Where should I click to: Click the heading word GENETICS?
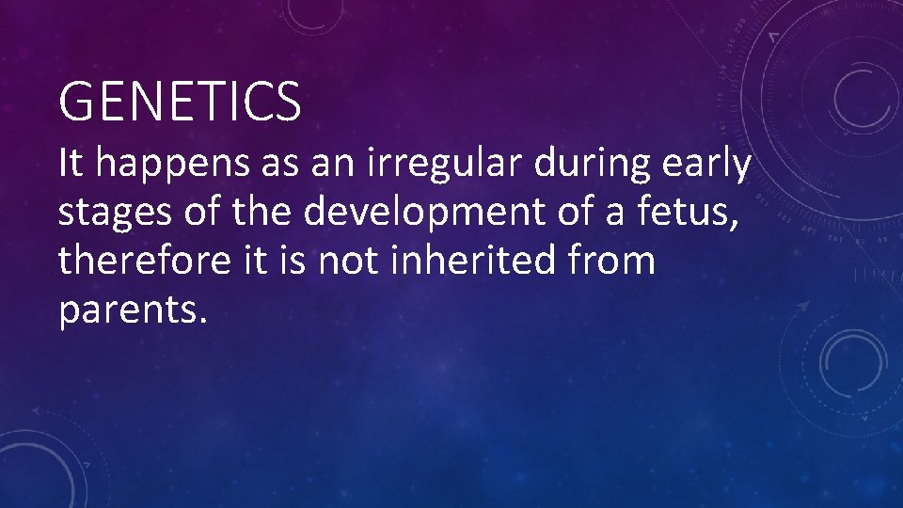click(x=180, y=102)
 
